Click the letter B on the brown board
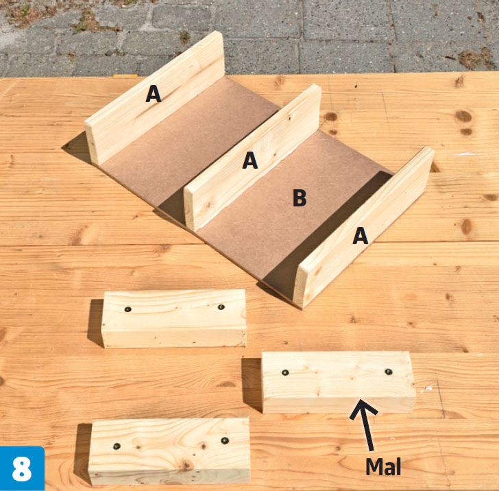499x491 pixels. pyautogui.click(x=300, y=197)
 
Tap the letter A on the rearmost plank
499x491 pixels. pyautogui.click(x=154, y=94)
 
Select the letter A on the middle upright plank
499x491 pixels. pyautogui.click(x=249, y=160)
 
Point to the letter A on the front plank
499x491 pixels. pyautogui.click(x=361, y=237)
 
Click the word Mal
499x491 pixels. pyautogui.click(x=383, y=466)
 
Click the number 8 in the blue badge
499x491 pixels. pyautogui.click(x=22, y=469)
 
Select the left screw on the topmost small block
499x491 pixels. pyautogui.click(x=128, y=309)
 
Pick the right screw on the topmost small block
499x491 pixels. pyautogui.click(x=221, y=307)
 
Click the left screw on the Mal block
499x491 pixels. pyautogui.click(x=285, y=372)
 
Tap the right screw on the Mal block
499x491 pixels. pyautogui.click(x=388, y=372)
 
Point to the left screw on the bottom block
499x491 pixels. pyautogui.click(x=117, y=446)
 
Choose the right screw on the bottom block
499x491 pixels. pyautogui.click(x=225, y=441)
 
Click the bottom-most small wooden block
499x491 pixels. pyautogui.click(x=169, y=451)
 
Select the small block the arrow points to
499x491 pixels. pyautogui.click(x=339, y=382)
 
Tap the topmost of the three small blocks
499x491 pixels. pyautogui.click(x=174, y=318)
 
